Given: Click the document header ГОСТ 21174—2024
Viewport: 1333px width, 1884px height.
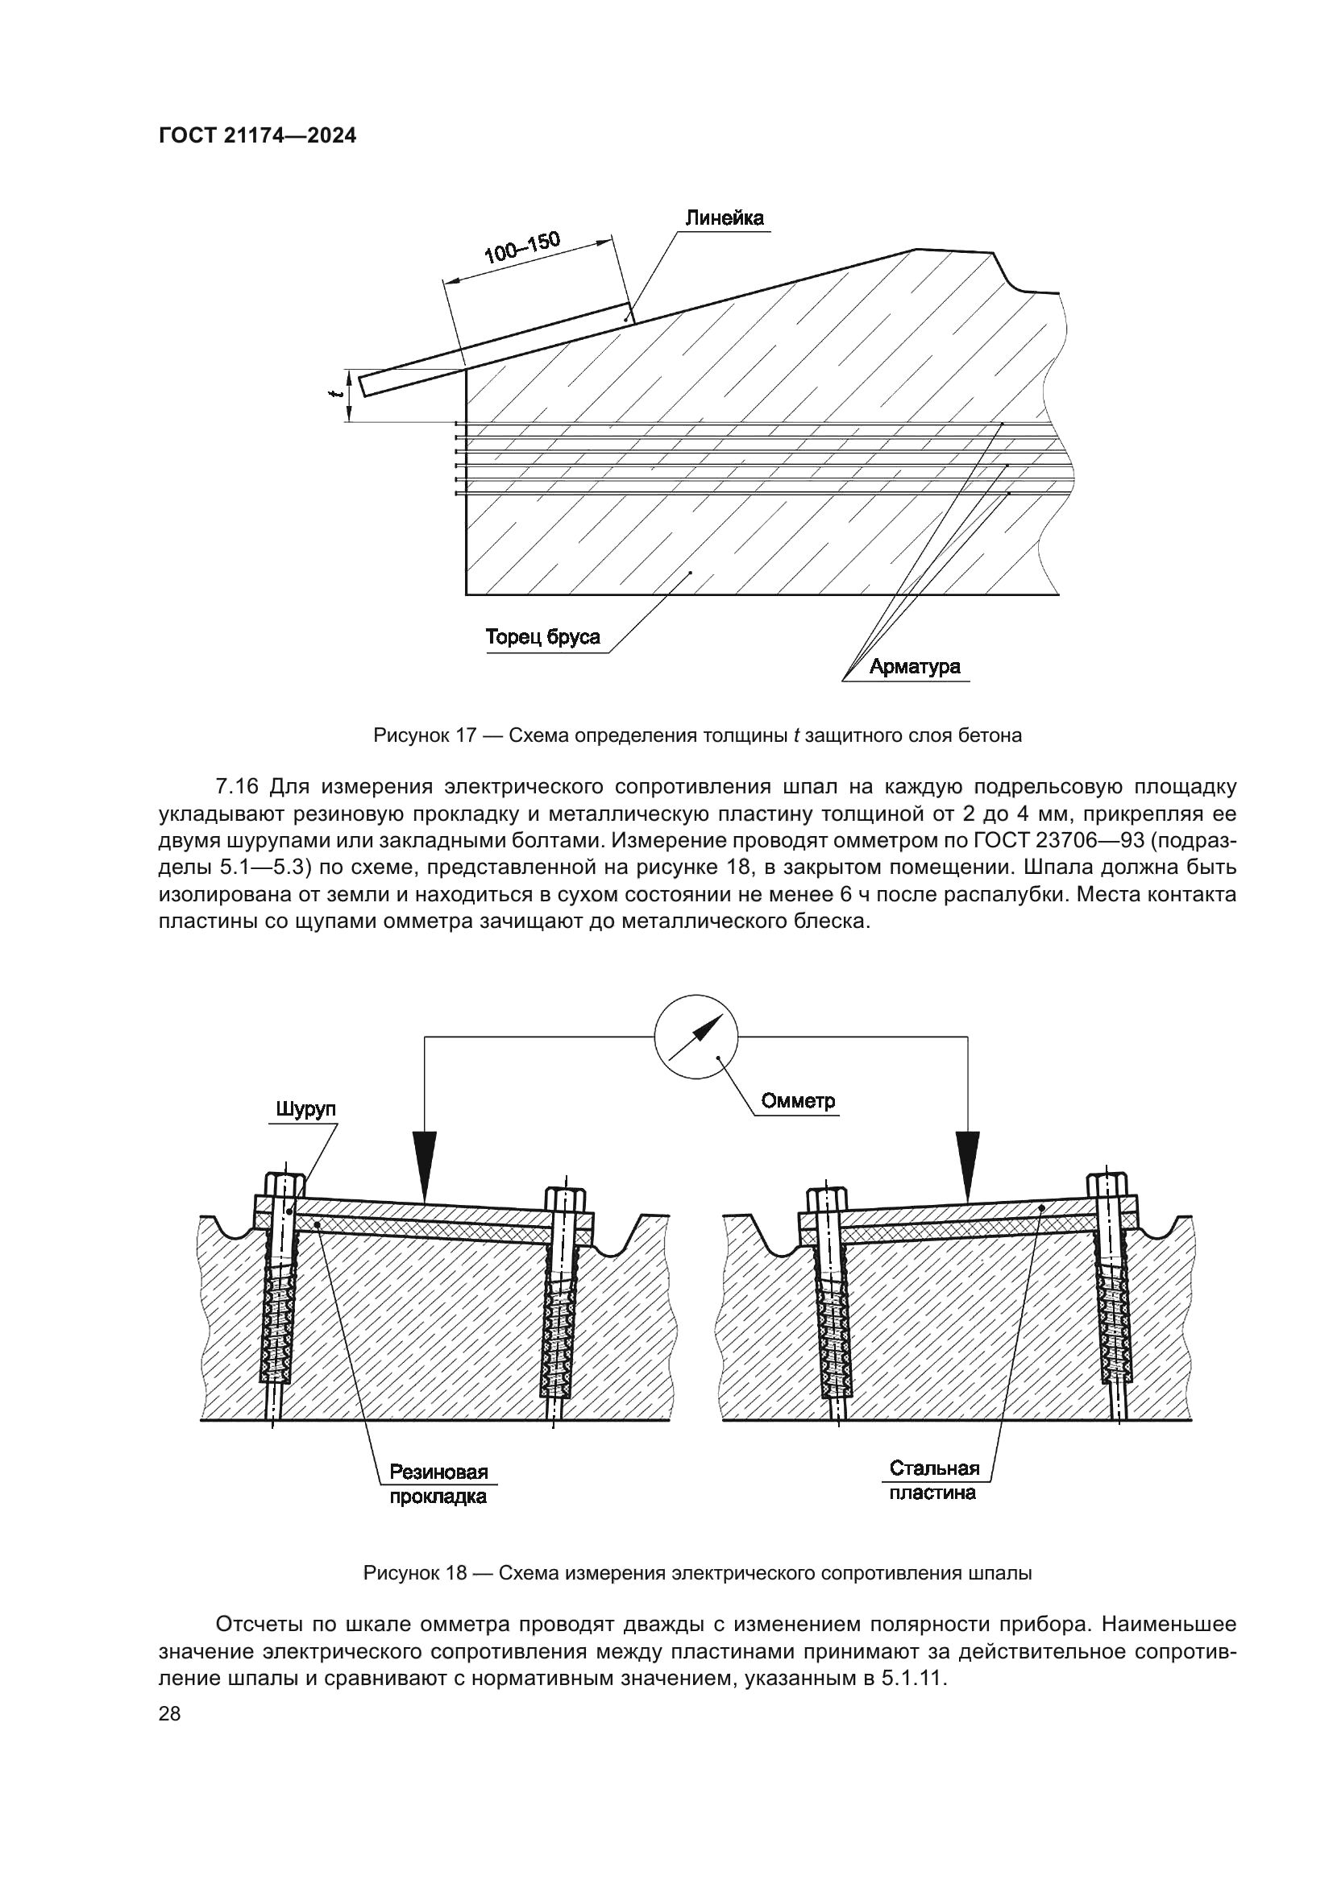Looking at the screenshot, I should (258, 136).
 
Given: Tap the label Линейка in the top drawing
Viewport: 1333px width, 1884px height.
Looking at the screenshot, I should (724, 218).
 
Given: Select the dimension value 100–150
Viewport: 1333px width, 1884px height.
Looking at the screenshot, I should (522, 247).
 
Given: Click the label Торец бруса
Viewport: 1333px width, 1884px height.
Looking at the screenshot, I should (542, 638).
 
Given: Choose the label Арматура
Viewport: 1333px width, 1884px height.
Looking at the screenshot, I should (915, 666).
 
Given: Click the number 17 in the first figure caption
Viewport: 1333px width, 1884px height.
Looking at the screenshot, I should (466, 735).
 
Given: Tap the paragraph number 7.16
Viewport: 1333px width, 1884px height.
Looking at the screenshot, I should (237, 787).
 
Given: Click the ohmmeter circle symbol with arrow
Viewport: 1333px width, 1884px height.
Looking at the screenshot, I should (696, 1037).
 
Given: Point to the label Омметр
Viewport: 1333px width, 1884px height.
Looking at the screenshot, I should (798, 1101).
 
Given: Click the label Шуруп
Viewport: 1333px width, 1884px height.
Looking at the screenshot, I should (305, 1110).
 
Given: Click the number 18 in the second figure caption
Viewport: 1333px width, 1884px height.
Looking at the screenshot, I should (456, 1573).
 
